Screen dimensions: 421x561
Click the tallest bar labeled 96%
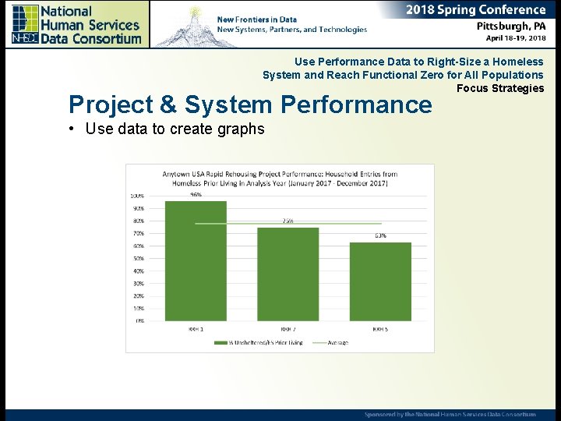coord(196,260)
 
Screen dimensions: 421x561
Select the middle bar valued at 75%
coord(288,274)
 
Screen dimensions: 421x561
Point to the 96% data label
coord(196,195)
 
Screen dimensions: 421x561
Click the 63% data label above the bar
coord(380,235)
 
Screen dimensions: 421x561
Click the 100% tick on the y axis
coord(137,196)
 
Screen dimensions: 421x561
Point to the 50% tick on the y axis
coord(138,258)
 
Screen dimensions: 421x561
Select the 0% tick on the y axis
coord(139,320)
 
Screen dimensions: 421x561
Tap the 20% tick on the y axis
coord(138,295)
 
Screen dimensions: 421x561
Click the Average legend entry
coord(337,342)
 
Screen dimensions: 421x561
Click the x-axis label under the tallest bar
coord(196,329)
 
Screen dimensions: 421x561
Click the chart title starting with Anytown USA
coord(280,179)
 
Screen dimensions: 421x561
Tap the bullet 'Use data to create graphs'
coord(175,129)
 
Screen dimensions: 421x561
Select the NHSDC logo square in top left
coord(24,24)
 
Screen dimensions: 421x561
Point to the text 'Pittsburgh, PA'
coord(511,26)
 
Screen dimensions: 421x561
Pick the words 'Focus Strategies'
coord(499,88)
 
